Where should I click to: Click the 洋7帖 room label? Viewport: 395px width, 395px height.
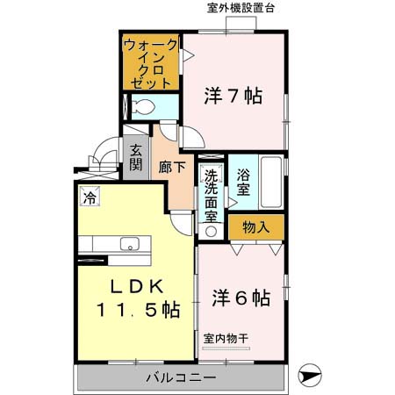tap(234, 95)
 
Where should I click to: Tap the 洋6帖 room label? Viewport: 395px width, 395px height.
tap(240, 298)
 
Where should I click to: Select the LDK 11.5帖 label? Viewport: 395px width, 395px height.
tap(133, 298)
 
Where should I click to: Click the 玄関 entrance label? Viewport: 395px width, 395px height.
tap(135, 158)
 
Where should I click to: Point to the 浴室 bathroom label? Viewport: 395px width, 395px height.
tap(244, 179)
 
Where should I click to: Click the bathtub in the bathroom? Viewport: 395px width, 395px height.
tap(271, 182)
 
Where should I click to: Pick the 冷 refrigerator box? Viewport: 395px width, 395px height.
tap(90, 198)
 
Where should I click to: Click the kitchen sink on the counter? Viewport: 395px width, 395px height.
tap(130, 244)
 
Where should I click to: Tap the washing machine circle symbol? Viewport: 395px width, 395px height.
tap(212, 232)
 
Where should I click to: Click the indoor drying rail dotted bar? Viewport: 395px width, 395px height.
tap(225, 348)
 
